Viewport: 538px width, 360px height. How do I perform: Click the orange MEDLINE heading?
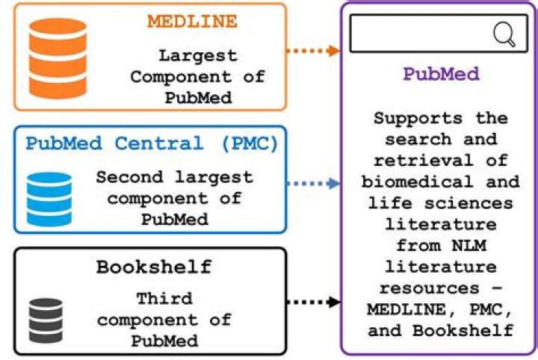pyautogui.click(x=192, y=21)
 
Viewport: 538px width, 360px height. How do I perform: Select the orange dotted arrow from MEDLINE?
pyautogui.click(x=312, y=51)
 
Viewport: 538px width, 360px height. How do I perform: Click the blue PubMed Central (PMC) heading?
pyautogui.click(x=152, y=143)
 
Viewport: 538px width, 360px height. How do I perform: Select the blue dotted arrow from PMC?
pyautogui.click(x=312, y=183)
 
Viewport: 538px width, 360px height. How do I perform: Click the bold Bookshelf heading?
pyautogui.click(x=154, y=267)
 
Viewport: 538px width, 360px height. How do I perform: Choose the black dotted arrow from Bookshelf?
pyautogui.click(x=312, y=302)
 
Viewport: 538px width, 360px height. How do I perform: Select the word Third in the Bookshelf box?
pyautogui.click(x=164, y=299)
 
